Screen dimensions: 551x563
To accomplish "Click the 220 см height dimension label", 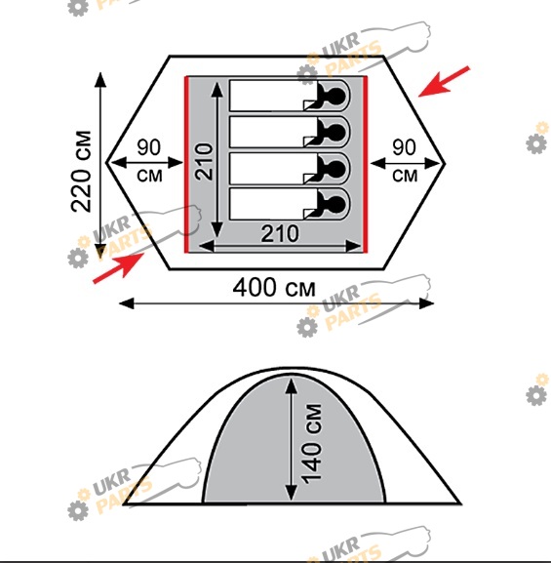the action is click(82, 172).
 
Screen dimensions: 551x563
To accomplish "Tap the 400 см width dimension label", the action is click(274, 288).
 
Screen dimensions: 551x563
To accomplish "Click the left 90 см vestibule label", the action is click(149, 161).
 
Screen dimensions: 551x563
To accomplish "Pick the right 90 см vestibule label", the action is click(405, 161).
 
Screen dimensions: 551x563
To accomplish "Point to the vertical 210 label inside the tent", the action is click(204, 162).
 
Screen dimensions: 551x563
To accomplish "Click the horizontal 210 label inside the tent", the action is click(280, 234).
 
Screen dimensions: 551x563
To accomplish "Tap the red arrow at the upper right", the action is click(444, 82).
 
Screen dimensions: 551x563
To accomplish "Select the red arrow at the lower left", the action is click(118, 268).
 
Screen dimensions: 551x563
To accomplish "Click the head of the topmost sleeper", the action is click(337, 96).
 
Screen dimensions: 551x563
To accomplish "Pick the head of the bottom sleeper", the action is click(337, 204).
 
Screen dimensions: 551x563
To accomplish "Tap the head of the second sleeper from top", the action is click(337, 132).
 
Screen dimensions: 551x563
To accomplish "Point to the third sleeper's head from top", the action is click(337, 169).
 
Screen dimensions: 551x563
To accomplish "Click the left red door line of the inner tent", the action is click(186, 165).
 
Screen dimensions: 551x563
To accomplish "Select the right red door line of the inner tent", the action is click(365, 165).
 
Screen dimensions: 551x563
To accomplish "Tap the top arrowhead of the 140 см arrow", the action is click(292, 385).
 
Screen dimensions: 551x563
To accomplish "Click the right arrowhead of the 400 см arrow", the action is click(427, 303).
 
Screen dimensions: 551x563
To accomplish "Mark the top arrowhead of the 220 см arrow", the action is click(100, 80).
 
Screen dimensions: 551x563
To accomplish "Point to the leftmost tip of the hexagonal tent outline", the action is click(106, 162).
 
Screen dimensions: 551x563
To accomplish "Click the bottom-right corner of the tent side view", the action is click(460, 504).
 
